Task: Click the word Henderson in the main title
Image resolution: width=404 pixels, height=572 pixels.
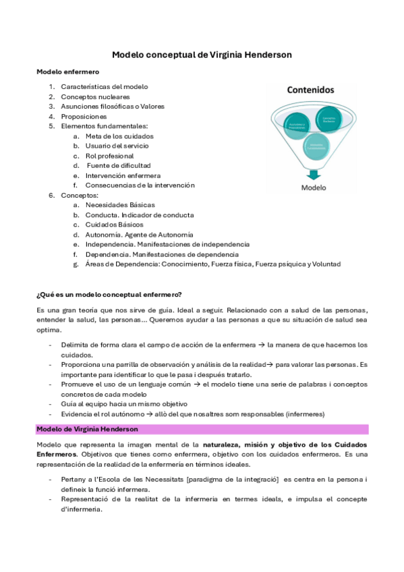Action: tap(262, 55)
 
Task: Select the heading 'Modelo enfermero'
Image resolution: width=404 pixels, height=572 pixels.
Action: tap(67, 71)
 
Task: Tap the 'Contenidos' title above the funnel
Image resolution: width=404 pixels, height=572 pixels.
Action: tap(311, 89)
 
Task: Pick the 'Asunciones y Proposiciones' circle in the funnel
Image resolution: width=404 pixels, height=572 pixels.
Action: tap(297, 125)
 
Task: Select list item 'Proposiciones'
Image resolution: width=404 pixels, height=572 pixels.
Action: tap(84, 116)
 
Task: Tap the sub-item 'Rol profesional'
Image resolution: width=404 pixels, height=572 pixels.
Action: tap(109, 155)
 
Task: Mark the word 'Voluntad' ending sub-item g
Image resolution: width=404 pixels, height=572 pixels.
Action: tap(325, 264)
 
